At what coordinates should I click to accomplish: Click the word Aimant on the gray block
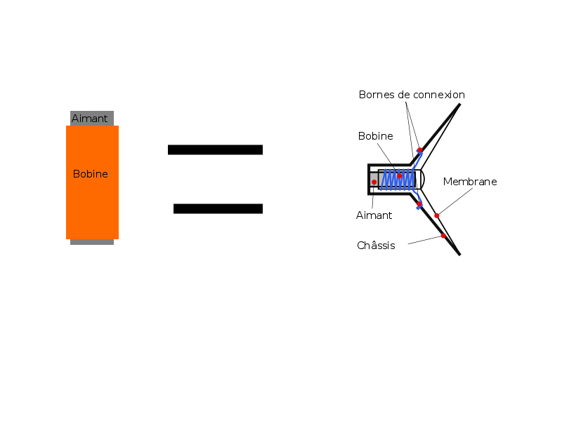pos(90,119)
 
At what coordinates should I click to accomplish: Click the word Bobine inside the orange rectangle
pos(91,174)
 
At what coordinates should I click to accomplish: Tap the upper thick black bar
pos(215,149)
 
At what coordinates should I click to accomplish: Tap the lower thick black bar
pos(218,208)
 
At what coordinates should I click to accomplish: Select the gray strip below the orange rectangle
pos(92,242)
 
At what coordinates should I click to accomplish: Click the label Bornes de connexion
pos(412,95)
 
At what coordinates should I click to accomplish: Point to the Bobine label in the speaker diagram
pos(375,136)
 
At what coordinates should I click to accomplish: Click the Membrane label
pos(470,182)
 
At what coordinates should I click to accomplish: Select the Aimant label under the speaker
pos(374,215)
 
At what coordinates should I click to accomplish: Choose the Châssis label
pos(376,246)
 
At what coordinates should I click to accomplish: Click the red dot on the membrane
pos(436,215)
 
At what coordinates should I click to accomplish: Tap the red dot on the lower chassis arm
pos(443,236)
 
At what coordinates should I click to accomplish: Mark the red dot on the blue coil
pos(399,176)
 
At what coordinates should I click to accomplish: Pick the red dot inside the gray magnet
pos(374,182)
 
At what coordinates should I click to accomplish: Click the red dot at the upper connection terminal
pos(419,150)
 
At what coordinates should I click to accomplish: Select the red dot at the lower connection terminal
pos(419,204)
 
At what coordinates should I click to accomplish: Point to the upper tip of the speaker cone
pos(459,105)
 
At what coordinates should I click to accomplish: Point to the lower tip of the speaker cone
pos(459,254)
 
